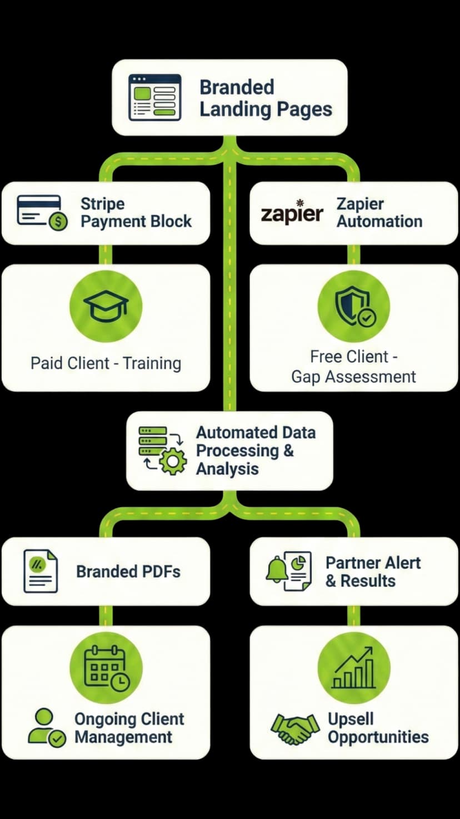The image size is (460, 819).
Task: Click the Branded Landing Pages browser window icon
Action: tap(154, 97)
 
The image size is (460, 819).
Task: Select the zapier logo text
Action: tap(292, 214)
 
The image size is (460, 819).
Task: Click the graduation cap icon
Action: tap(106, 307)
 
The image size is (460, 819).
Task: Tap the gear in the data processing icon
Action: tap(173, 461)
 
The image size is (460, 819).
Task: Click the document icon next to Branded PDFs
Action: tap(41, 571)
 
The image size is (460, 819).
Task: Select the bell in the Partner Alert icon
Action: tap(276, 569)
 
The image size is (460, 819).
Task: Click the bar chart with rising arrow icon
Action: tap(354, 668)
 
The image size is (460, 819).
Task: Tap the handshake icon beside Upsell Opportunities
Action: tap(295, 728)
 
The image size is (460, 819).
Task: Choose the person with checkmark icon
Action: tap(46, 727)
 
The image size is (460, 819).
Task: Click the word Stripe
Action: tap(102, 204)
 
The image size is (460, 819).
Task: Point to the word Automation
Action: tap(379, 221)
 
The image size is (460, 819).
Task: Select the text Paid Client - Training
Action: tap(106, 363)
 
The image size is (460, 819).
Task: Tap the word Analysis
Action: tap(227, 469)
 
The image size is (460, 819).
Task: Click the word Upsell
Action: tap(351, 719)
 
